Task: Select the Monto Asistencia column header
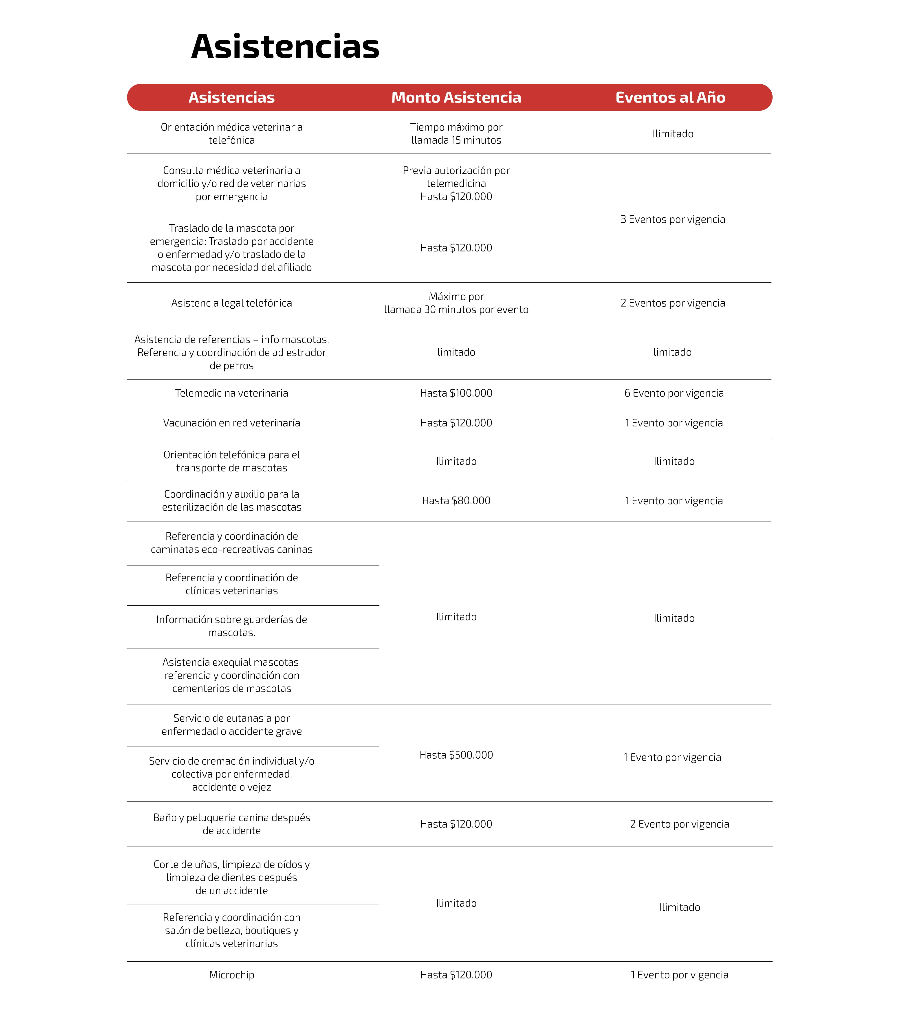(x=456, y=97)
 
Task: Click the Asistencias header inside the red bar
(x=231, y=97)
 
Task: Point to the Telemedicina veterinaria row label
(x=231, y=393)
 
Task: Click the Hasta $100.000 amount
(x=456, y=393)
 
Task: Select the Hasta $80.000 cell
(x=456, y=501)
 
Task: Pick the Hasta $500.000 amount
(x=456, y=755)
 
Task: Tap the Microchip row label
(x=231, y=975)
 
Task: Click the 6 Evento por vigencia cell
(x=674, y=393)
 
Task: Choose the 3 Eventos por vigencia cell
(x=673, y=219)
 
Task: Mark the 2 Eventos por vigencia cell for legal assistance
(x=673, y=303)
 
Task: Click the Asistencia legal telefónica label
(x=231, y=303)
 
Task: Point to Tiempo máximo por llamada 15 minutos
(x=456, y=134)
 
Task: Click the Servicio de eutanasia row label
(x=231, y=725)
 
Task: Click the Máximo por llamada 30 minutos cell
(x=456, y=303)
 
